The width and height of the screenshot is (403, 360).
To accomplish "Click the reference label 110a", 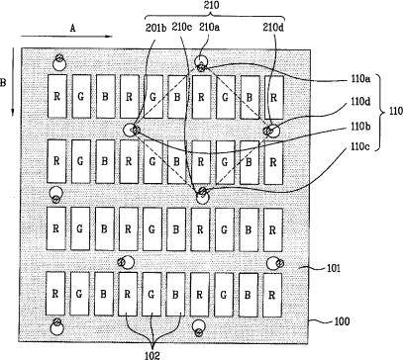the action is coord(360,80).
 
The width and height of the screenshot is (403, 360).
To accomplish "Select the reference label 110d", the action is coord(360,102).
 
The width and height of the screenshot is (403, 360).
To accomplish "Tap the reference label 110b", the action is coord(360,127).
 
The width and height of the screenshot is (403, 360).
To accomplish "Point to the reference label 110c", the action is coord(360,146).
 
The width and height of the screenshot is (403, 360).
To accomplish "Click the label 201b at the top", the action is coord(155,28).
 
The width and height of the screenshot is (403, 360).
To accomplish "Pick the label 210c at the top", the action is coord(181,28).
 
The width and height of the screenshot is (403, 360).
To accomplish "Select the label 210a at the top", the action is coord(210,28).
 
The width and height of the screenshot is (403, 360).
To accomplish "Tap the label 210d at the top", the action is coord(273,28).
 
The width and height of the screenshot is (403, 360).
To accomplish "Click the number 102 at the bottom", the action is coord(152,355).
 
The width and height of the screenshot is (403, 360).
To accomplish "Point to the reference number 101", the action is coord(334,268).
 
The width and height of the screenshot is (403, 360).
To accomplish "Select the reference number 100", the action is coord(343,321).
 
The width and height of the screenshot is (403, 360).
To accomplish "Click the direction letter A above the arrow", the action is coord(72,28).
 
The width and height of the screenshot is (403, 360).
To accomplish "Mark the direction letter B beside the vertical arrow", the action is coord(3,82).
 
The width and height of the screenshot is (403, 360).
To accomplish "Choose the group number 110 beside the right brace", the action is coord(396,111).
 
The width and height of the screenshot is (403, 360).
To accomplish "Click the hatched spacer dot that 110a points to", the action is coord(202,68).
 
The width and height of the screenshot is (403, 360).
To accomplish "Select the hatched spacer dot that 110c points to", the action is coord(202,191).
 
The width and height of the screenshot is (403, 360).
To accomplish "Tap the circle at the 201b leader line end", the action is coord(129,131).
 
